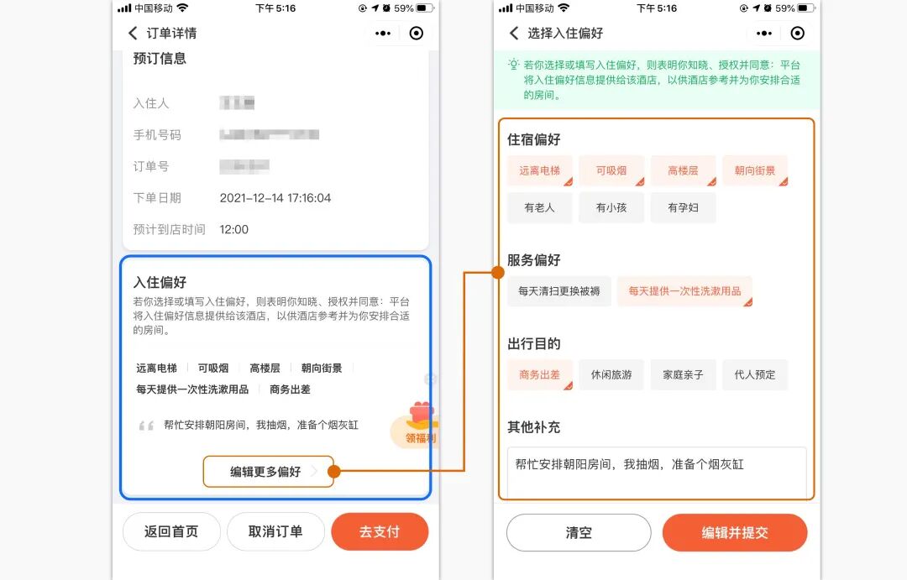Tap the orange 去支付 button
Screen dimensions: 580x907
point(380,531)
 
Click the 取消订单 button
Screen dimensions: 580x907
point(275,531)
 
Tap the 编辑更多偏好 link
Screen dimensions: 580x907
point(267,472)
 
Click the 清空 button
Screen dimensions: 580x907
point(579,533)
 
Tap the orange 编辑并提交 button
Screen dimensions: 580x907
point(735,533)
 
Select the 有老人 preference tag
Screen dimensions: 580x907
point(539,207)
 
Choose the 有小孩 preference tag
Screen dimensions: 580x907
point(611,207)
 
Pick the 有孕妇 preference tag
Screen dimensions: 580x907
point(683,207)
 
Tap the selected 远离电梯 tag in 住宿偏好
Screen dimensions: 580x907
point(539,170)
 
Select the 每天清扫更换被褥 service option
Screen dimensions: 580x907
point(559,291)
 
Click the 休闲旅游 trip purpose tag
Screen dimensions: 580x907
point(611,374)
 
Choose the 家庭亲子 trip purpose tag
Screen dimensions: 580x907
point(683,374)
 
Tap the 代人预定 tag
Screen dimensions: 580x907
point(755,374)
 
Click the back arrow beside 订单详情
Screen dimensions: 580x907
point(133,34)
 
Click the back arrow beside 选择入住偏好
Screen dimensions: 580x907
point(514,34)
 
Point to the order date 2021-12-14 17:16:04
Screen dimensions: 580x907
point(275,198)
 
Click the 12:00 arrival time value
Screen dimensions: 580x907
point(234,229)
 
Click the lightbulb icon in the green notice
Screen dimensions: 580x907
point(513,65)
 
